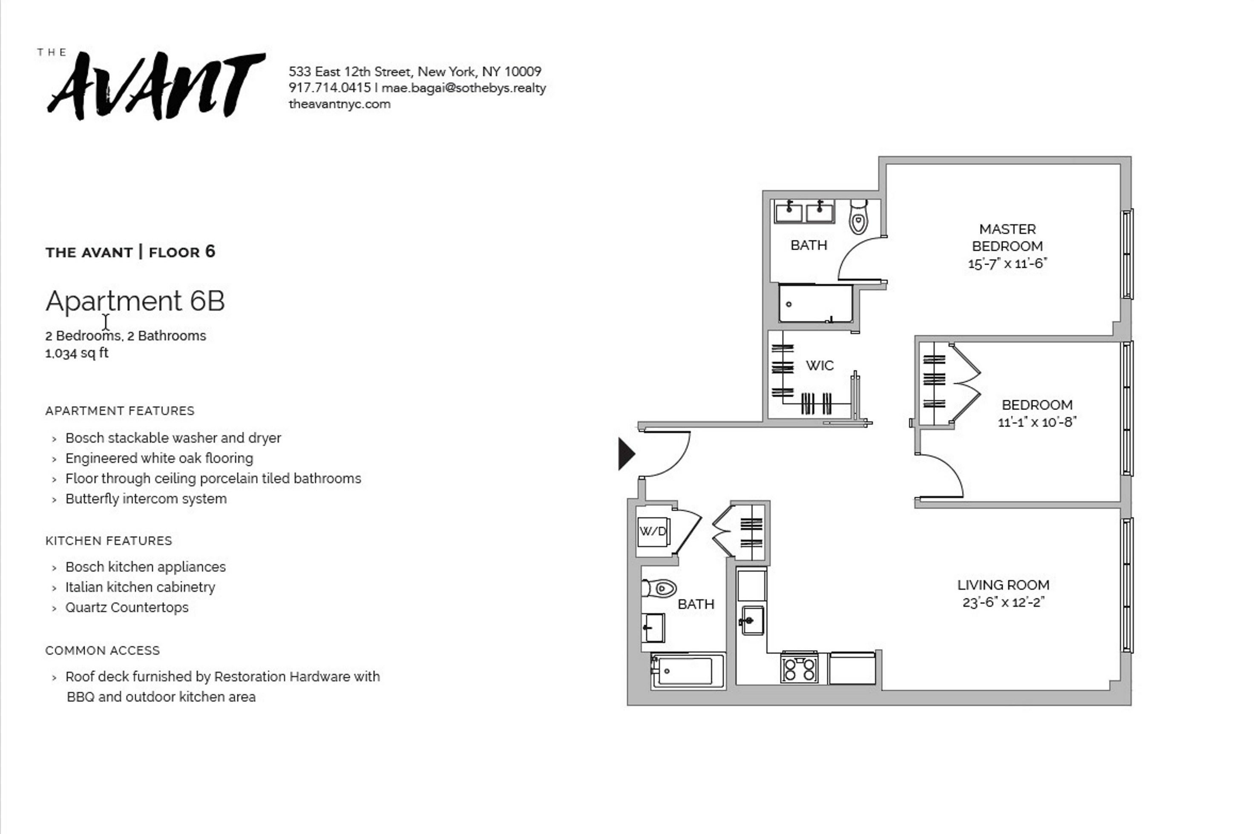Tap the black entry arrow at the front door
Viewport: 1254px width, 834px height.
click(626, 454)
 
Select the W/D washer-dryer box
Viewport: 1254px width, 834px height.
click(653, 531)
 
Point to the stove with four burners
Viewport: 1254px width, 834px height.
click(800, 668)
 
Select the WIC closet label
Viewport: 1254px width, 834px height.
click(820, 365)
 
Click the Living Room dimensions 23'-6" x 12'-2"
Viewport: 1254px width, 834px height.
click(1004, 602)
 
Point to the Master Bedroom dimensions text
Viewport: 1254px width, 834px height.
click(1007, 263)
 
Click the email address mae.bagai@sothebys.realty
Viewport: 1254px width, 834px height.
click(463, 88)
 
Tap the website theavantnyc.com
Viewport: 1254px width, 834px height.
click(339, 104)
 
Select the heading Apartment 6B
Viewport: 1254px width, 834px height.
click(135, 301)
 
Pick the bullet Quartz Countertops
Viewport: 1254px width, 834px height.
click(127, 607)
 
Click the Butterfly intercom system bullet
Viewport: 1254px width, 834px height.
click(146, 499)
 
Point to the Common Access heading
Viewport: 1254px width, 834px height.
click(103, 650)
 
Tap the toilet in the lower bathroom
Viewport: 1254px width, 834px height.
click(659, 588)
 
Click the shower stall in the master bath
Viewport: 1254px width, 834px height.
click(815, 303)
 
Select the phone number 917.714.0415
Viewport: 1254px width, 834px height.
click(330, 88)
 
